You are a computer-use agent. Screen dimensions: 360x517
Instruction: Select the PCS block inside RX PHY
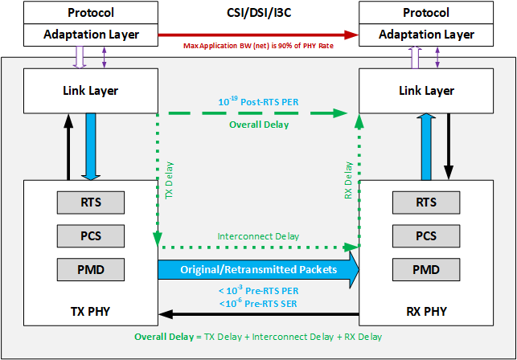pos(425,236)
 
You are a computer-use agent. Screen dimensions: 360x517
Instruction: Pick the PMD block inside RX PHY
pos(425,268)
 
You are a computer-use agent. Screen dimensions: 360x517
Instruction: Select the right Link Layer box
pos(425,91)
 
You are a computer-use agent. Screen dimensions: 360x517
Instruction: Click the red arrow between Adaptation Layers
pos(257,35)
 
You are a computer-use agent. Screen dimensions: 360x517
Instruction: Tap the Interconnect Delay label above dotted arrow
pos(258,236)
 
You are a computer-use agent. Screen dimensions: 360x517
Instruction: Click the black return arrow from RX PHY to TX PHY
pos(257,314)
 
